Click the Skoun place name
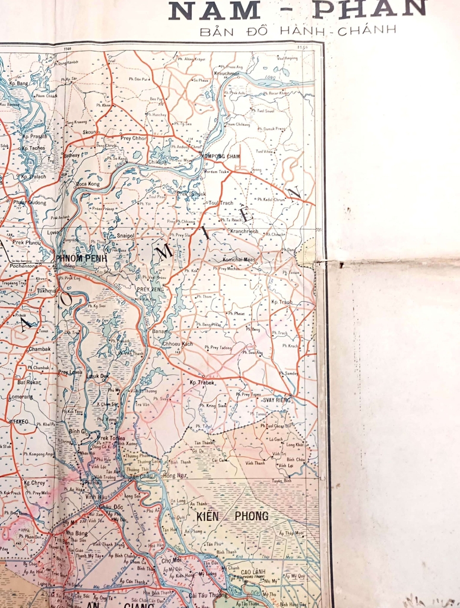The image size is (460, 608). pyautogui.click(x=91, y=132)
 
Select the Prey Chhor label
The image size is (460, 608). pyautogui.click(x=133, y=138)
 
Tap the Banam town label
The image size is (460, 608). pyautogui.click(x=159, y=331)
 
